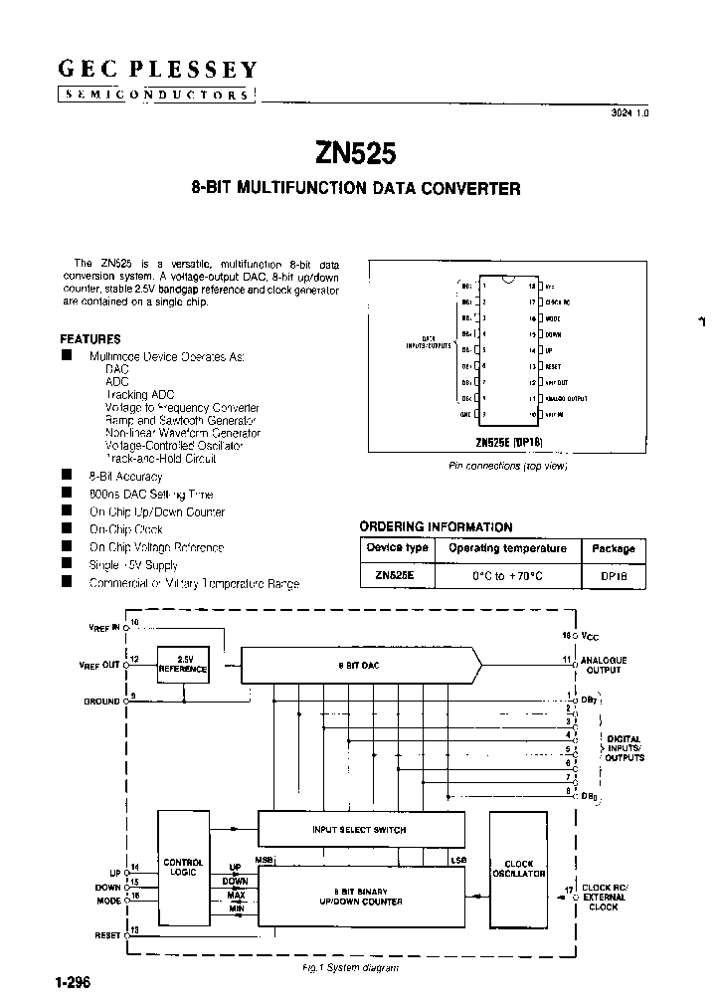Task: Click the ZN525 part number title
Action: coord(355,153)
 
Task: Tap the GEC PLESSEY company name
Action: coord(157,70)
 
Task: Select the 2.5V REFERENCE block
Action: coord(183,665)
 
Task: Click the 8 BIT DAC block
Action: coord(360,664)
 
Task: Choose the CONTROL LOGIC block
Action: coord(183,867)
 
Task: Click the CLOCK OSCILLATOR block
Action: coord(519,868)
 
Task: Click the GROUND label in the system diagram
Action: coord(101,702)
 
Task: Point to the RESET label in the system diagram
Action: coord(106,935)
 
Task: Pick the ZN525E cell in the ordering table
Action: coord(397,575)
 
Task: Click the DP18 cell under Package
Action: coord(613,575)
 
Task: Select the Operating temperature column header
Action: coord(507,548)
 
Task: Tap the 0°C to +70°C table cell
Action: coord(507,575)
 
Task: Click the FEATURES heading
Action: coord(90,339)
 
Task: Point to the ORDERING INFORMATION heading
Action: coord(436,527)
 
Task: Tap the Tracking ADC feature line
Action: coord(139,395)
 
